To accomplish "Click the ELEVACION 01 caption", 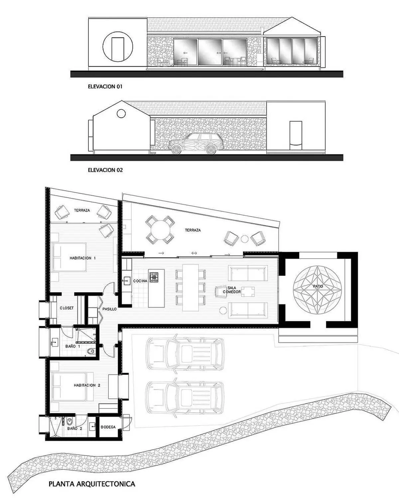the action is click(105, 87).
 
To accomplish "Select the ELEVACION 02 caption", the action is click(105, 170).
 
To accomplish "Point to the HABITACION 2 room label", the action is click(87, 385).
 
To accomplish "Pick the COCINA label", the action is click(140, 281).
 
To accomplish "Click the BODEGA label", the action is click(108, 427).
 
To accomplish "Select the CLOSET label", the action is click(67, 308).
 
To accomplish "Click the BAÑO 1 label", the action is click(72, 346).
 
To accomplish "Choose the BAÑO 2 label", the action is click(74, 428).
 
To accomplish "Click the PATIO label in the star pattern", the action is click(318, 286).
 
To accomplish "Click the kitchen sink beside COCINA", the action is click(126, 281).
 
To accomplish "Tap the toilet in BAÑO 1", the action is click(91, 351).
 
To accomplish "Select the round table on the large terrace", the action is click(160, 230).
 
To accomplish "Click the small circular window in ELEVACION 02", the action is click(121, 113).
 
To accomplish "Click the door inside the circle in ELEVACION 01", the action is click(118, 49).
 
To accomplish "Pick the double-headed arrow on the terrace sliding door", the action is click(194, 253).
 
